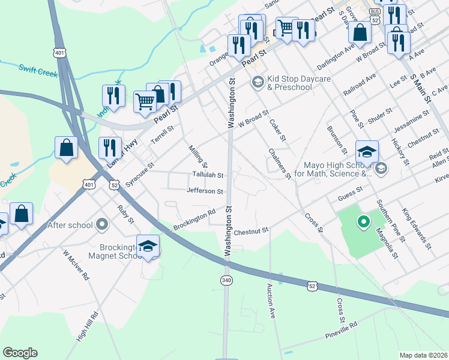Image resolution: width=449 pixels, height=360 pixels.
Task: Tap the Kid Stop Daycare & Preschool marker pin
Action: click(x=258, y=82)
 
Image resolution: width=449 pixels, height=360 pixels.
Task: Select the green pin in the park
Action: click(x=363, y=223)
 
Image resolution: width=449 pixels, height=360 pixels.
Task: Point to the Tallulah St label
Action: click(x=208, y=176)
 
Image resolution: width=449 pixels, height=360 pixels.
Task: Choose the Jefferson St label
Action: click(x=205, y=191)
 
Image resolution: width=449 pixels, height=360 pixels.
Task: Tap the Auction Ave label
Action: click(x=271, y=301)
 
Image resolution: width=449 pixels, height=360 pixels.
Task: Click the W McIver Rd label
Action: click(x=76, y=266)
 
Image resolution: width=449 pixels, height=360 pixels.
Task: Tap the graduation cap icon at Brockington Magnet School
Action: click(x=148, y=246)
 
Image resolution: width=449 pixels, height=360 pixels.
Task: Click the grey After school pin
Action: click(x=102, y=225)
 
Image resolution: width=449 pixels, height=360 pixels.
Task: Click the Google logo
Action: click(x=20, y=353)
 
